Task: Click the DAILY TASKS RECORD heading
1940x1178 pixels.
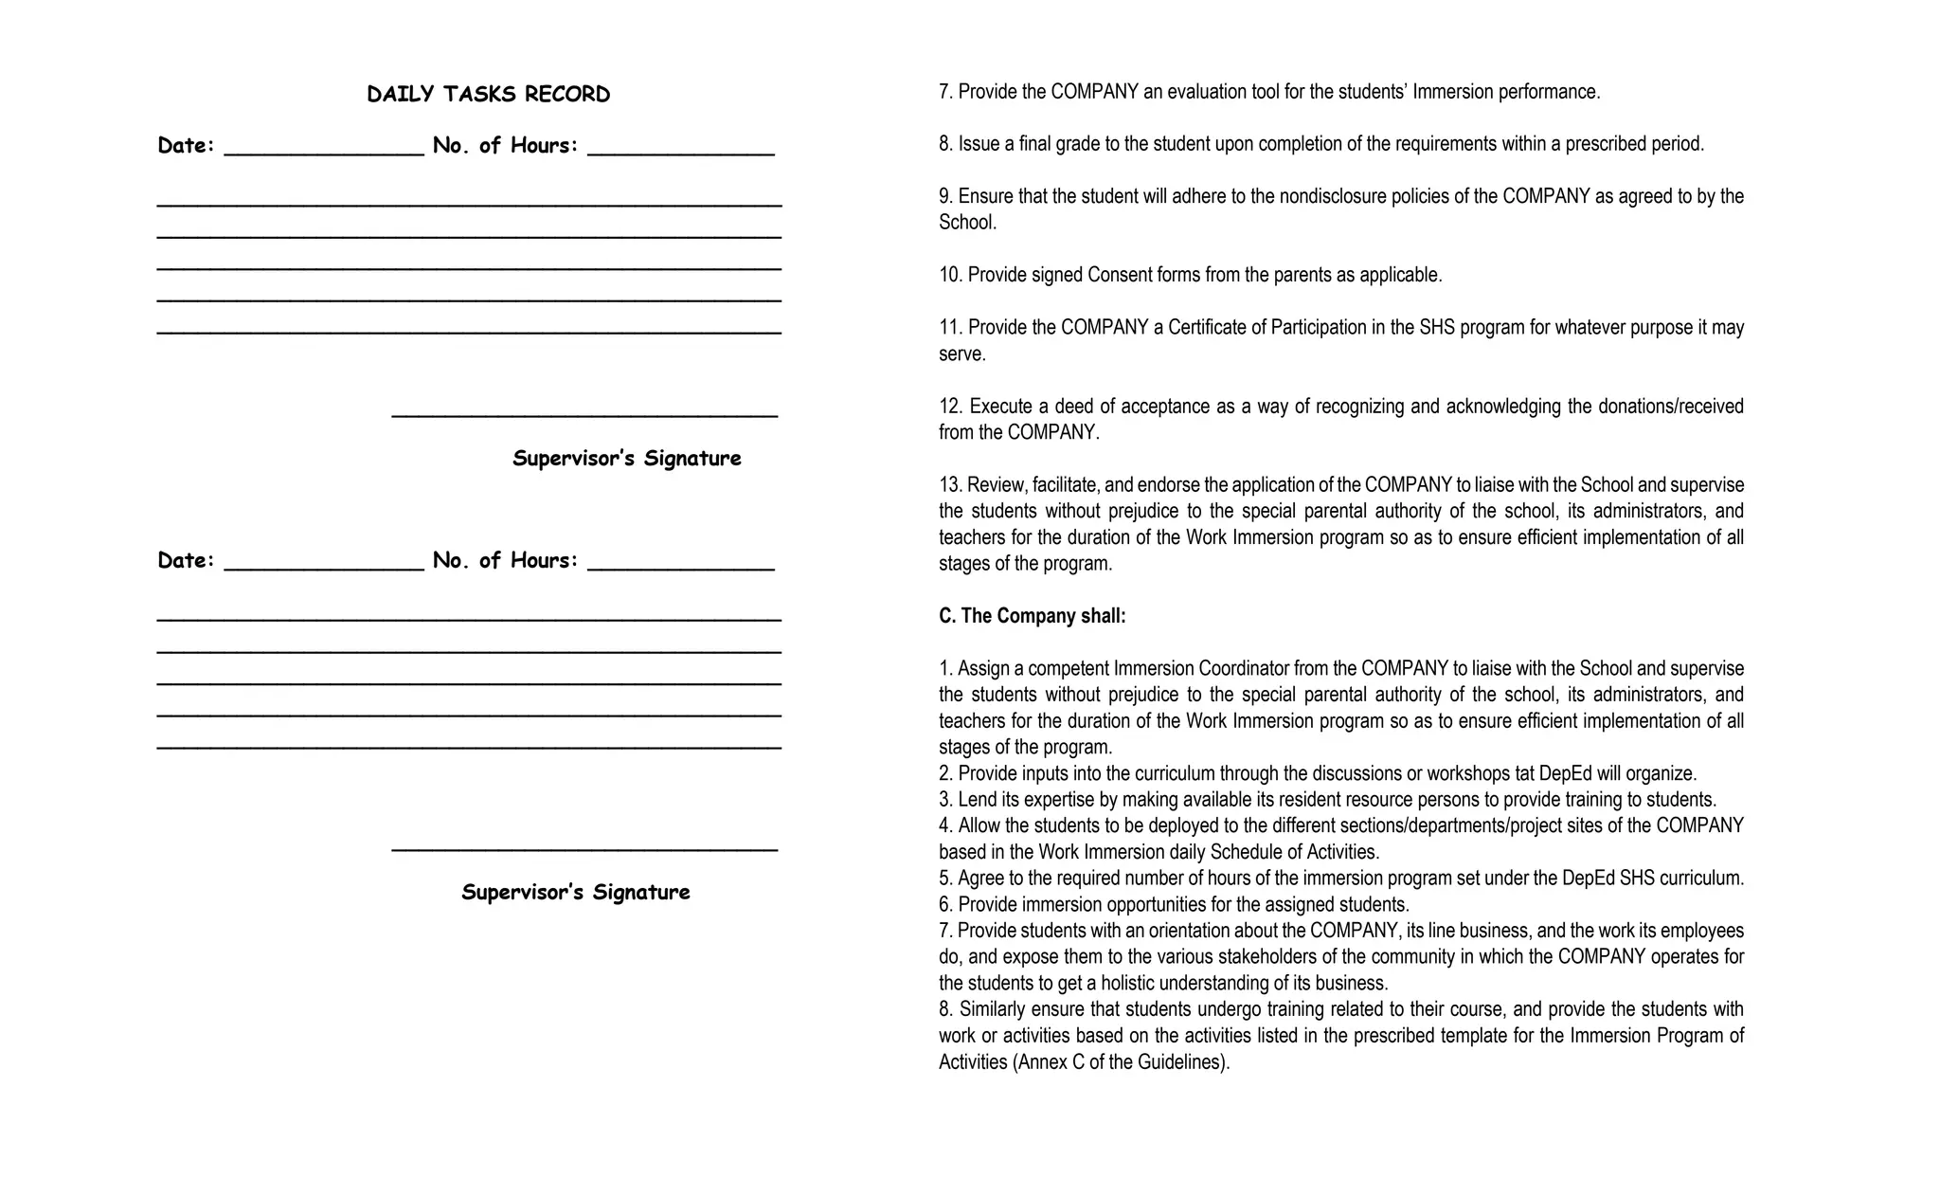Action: click(x=488, y=94)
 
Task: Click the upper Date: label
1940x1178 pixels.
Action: click(x=186, y=145)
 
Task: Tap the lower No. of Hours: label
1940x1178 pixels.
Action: click(x=505, y=560)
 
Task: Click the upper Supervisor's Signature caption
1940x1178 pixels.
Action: click(x=626, y=458)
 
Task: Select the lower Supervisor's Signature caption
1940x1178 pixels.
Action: click(x=575, y=892)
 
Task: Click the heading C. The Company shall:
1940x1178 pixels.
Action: click(x=1032, y=616)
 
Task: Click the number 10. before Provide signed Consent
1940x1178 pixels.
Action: click(x=950, y=275)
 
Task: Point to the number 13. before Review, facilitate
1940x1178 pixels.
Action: click(x=950, y=484)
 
